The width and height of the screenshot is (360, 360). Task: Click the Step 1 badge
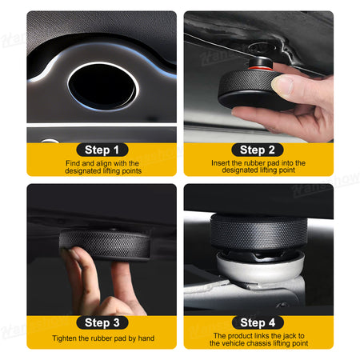pyautogui.click(x=102, y=150)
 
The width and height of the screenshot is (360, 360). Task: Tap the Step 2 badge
pyautogui.click(x=258, y=150)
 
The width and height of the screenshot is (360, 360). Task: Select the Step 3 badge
pyautogui.click(x=102, y=322)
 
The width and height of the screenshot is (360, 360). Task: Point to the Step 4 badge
pyautogui.click(x=258, y=322)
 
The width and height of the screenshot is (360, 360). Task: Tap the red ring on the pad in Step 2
pyautogui.click(x=261, y=68)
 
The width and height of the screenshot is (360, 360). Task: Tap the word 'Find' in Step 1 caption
pyautogui.click(x=73, y=163)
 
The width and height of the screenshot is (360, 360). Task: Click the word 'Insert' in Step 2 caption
pyautogui.click(x=221, y=162)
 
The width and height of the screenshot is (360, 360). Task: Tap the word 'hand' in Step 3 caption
pyautogui.click(x=146, y=338)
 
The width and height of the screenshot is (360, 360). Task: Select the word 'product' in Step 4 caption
pyautogui.click(x=240, y=336)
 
